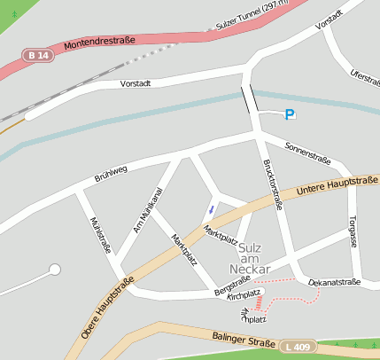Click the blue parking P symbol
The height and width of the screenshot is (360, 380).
tap(290, 114)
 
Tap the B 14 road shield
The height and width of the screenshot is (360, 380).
tap(37, 55)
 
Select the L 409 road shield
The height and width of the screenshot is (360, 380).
tap(299, 347)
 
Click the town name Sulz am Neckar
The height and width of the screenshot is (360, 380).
tap(248, 257)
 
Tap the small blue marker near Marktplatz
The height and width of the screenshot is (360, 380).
tap(210, 209)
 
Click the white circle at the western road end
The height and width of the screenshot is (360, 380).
tap(55, 269)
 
